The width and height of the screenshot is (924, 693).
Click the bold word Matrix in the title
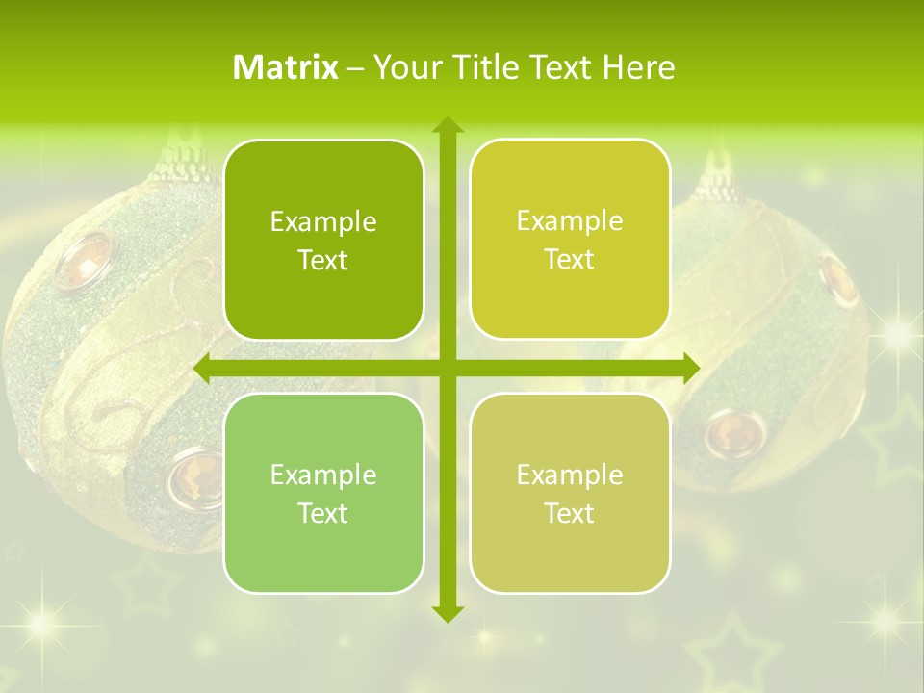(286, 67)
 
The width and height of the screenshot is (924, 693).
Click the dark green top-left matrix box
(323, 240)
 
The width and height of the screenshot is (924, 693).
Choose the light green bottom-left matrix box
(323, 493)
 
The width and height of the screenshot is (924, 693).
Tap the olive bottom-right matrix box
(570, 493)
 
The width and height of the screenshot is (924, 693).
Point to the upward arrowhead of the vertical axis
(447, 124)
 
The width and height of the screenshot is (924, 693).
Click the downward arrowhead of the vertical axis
(447, 613)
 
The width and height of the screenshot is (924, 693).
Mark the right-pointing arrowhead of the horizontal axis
(691, 369)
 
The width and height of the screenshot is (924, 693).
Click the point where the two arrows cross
(447, 369)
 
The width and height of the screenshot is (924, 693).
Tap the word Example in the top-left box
(323, 222)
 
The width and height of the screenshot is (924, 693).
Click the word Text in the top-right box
(570, 260)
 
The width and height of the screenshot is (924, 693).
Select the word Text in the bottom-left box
(323, 513)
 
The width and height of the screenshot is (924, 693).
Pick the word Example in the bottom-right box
(570, 475)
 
